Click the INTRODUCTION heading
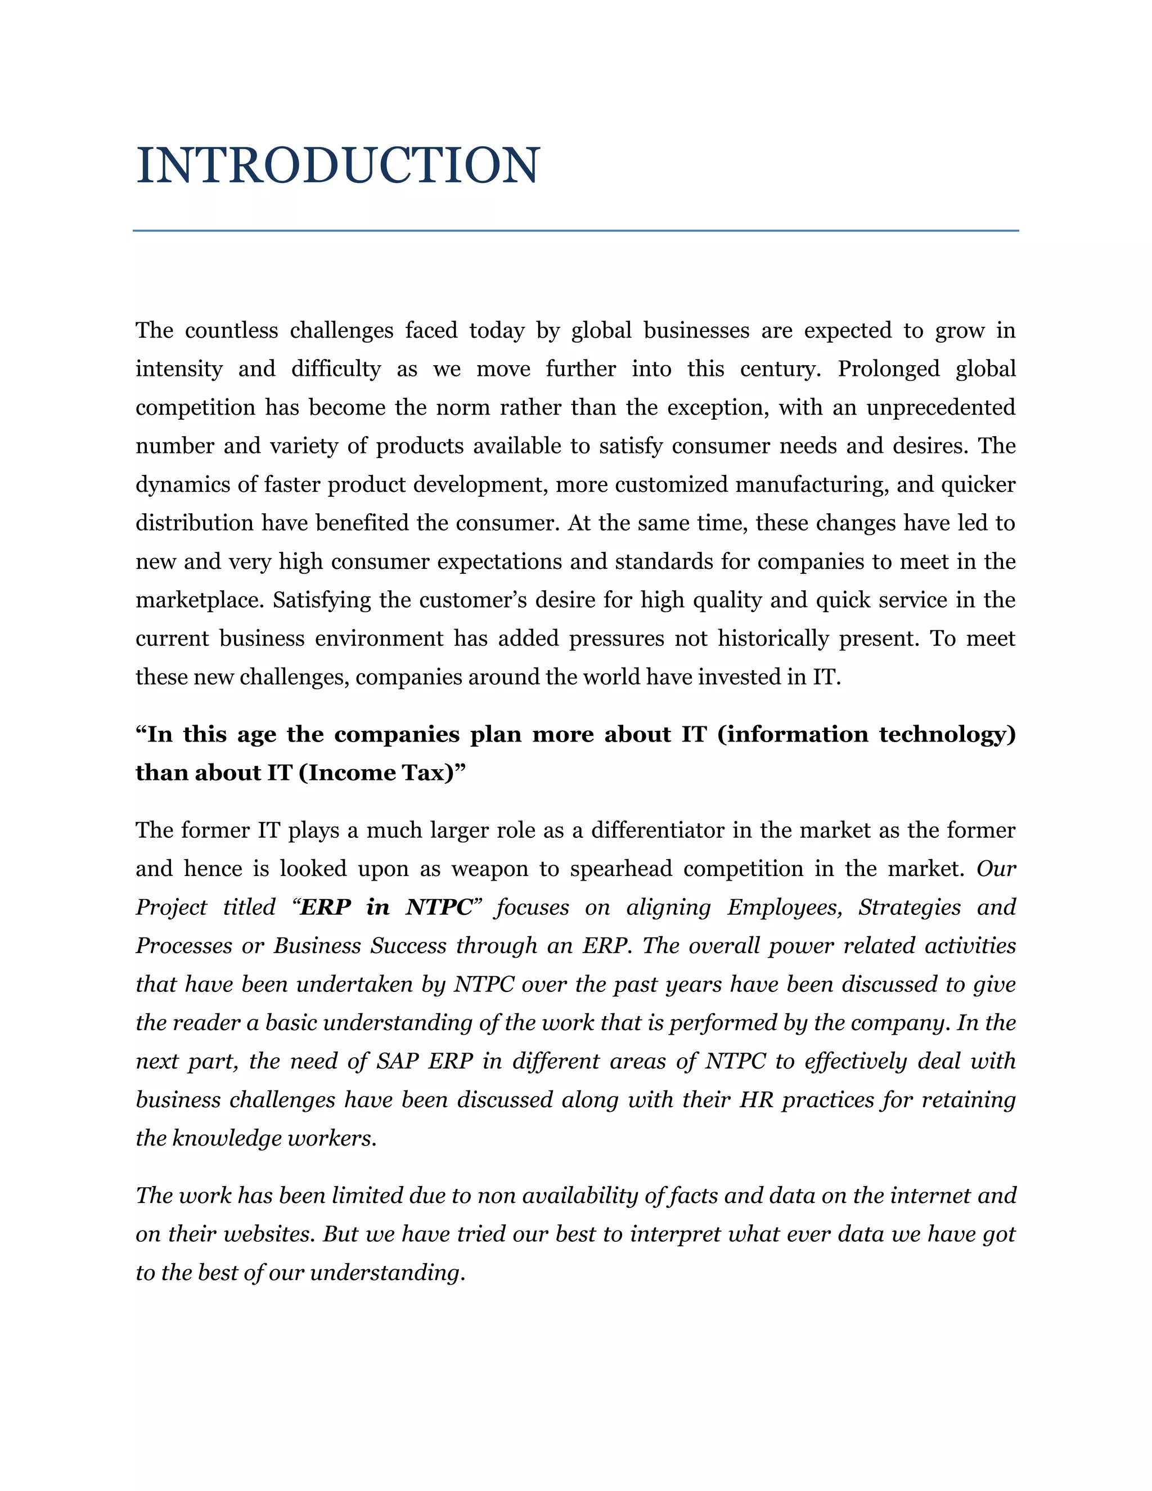[x=338, y=166]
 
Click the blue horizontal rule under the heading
[x=575, y=231]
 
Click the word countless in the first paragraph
[x=231, y=330]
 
